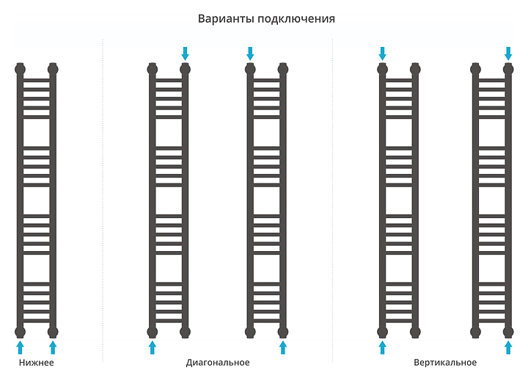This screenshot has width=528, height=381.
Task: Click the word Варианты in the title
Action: click(224, 18)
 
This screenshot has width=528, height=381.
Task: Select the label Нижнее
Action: click(36, 363)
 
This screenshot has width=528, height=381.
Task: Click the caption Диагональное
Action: click(218, 363)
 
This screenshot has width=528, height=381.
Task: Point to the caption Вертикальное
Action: click(445, 363)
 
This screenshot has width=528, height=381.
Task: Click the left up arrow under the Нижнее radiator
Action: click(20, 346)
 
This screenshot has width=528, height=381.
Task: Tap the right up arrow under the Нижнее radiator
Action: click(52, 346)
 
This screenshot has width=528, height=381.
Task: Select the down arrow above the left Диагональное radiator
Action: click(185, 53)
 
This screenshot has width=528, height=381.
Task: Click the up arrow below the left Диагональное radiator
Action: click(153, 346)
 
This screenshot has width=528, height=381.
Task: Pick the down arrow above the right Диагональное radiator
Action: click(250, 53)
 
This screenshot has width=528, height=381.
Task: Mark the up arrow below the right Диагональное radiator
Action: click(283, 346)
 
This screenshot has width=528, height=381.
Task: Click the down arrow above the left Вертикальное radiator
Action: click(382, 53)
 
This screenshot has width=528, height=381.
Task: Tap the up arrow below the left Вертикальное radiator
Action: click(382, 346)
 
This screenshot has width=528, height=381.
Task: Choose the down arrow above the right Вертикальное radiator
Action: click(508, 53)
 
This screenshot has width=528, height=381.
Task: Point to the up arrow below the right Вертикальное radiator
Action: click(508, 346)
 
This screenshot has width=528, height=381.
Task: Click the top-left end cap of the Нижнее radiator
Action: click(20, 70)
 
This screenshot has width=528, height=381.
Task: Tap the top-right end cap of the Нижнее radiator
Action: click(52, 70)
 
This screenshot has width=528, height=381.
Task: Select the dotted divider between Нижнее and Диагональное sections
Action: click(103, 198)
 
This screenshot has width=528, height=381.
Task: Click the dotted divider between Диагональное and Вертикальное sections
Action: click(333, 198)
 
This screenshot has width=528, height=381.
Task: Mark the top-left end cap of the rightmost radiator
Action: click(476, 70)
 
